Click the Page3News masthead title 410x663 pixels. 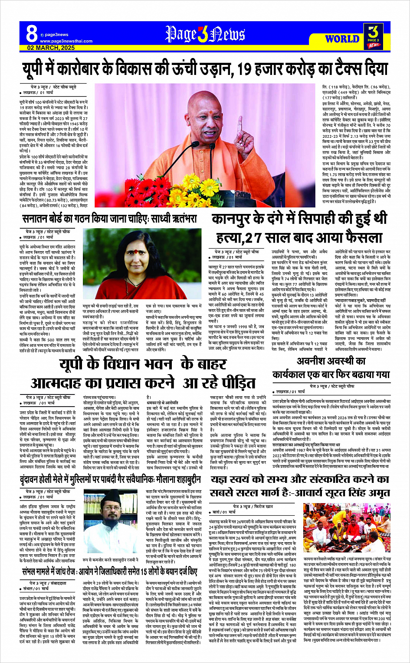(205, 34)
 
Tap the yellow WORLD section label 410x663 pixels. (342, 39)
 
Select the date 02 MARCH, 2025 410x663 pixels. (51, 48)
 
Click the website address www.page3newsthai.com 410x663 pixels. (66, 41)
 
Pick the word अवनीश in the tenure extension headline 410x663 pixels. (313, 361)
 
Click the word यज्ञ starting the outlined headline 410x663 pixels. (220, 479)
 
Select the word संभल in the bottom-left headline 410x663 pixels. (32, 572)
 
